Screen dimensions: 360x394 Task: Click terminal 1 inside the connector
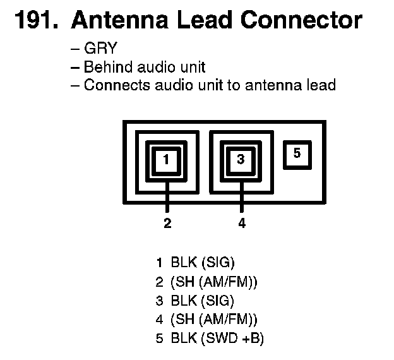167,160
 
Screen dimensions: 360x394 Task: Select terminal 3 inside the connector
241,160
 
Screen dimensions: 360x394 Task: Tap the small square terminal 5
298,153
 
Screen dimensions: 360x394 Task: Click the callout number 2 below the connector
167,222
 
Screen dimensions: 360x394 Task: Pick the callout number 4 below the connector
242,222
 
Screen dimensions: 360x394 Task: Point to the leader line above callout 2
167,197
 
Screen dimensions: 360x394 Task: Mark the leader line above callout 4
241,197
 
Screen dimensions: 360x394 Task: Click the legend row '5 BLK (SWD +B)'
210,338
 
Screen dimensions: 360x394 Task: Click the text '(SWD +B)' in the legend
232,338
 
